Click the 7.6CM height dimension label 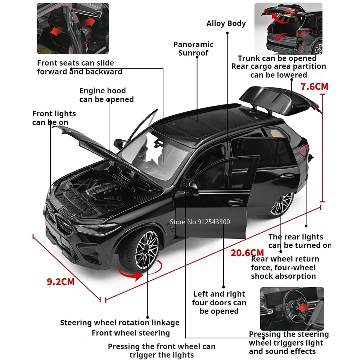click(x=314, y=86)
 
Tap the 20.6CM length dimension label click(x=247, y=253)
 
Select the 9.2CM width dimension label click(x=60, y=281)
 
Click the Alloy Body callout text click(x=226, y=24)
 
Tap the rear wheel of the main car click(x=282, y=205)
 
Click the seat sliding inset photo click(x=72, y=28)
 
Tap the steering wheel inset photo click(x=292, y=309)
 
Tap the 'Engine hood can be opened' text click(x=106, y=95)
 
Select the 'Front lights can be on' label click(x=54, y=118)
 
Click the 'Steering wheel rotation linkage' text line click(x=120, y=323)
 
